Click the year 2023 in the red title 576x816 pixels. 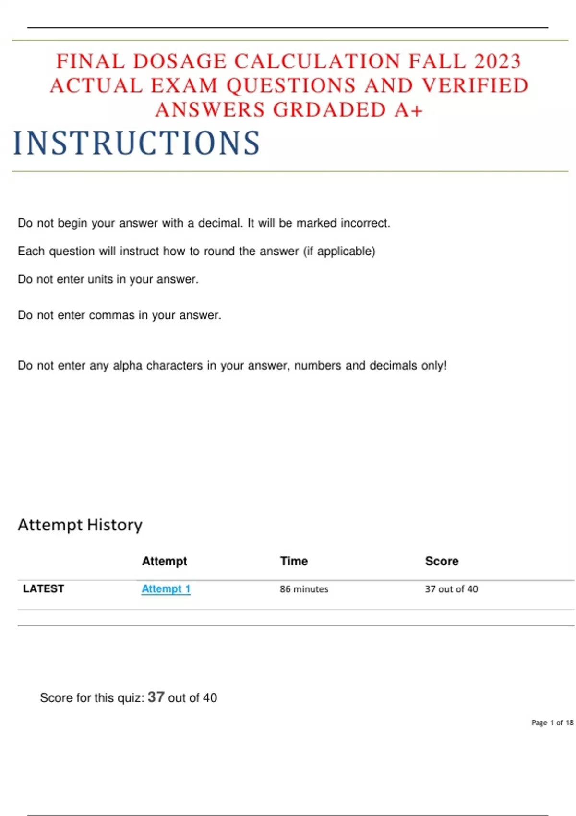pyautogui.click(x=497, y=61)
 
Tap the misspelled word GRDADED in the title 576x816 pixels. pyautogui.click(x=330, y=110)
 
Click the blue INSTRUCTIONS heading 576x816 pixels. pyautogui.click(x=137, y=143)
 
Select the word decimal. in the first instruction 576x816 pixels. pyautogui.click(x=220, y=223)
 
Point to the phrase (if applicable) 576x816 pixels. pyautogui.click(x=339, y=251)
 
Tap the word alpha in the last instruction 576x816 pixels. pyautogui.click(x=127, y=366)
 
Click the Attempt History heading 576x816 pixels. pyautogui.click(x=80, y=525)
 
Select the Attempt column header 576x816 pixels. pyautogui.click(x=164, y=561)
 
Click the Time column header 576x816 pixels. pyautogui.click(x=294, y=561)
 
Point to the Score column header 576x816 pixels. pyautogui.click(x=442, y=561)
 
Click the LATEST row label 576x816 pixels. pyautogui.click(x=43, y=589)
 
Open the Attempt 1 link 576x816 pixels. pyautogui.click(x=166, y=589)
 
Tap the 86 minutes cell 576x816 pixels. pyautogui.click(x=304, y=589)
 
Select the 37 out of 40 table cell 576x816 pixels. pyautogui.click(x=451, y=589)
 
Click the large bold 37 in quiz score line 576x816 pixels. pyautogui.click(x=156, y=697)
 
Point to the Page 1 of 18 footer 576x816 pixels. pyautogui.click(x=552, y=723)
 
